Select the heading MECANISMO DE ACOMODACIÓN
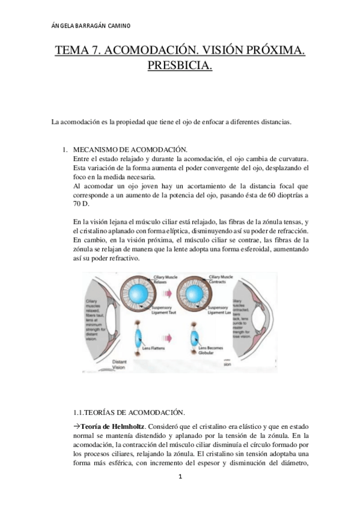point(130,149)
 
